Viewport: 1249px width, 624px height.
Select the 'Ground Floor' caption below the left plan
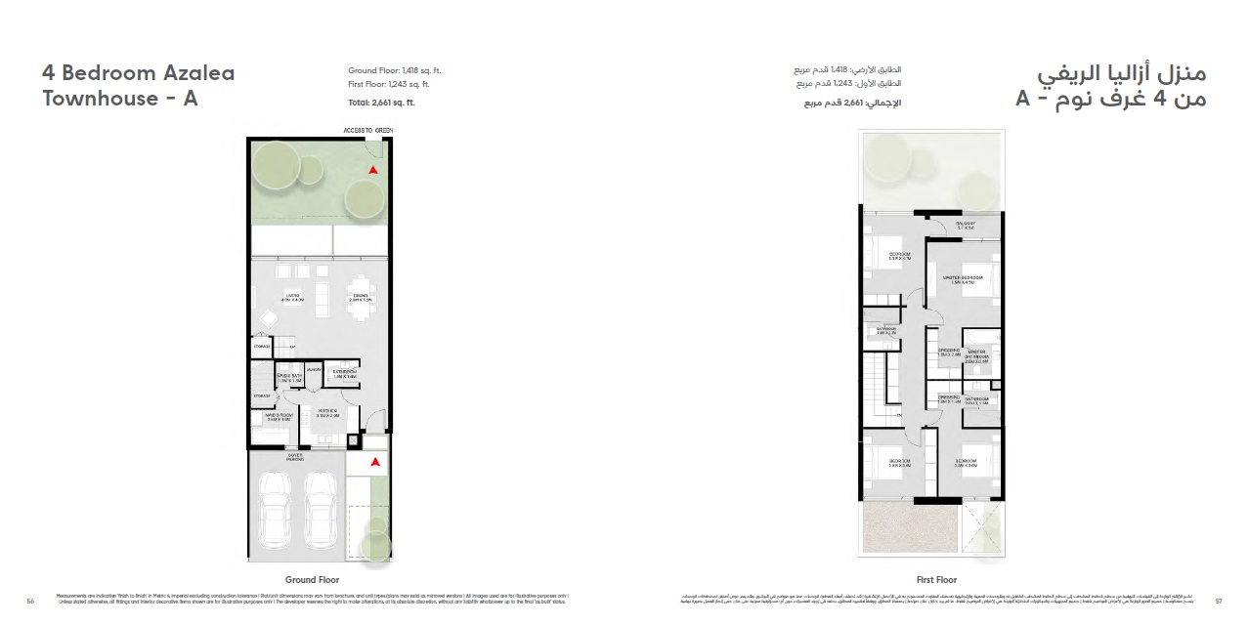tap(312, 579)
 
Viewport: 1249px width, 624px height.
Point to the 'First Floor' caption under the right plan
tap(935, 580)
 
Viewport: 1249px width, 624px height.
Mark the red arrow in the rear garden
tap(371, 169)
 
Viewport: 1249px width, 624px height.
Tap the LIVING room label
tap(292, 298)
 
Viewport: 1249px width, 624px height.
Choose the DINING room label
tap(361, 298)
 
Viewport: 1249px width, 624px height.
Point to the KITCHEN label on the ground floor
tap(326, 412)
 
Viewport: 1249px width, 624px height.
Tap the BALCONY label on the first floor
tap(966, 225)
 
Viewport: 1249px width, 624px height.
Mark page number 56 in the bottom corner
tap(31, 602)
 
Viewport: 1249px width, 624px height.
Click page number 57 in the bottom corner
tap(1218, 601)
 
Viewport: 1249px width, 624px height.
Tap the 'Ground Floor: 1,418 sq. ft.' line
tap(395, 71)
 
